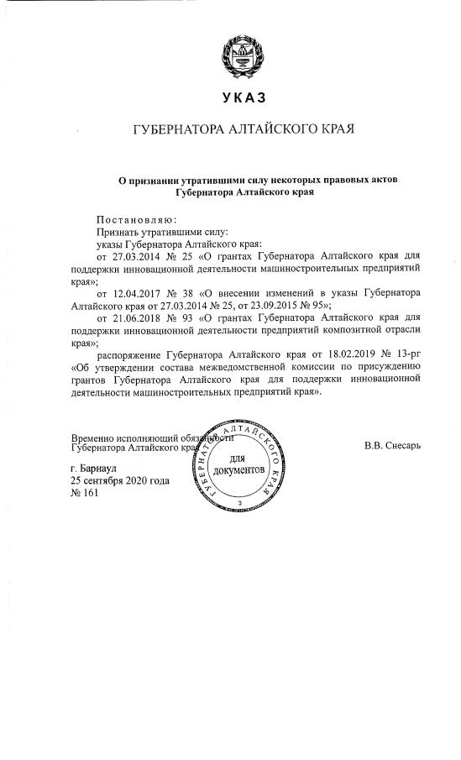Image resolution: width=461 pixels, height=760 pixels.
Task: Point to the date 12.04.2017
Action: click(138, 295)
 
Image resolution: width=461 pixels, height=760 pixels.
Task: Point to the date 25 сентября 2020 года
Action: click(120, 480)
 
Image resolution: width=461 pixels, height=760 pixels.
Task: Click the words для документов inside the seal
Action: click(238, 464)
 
